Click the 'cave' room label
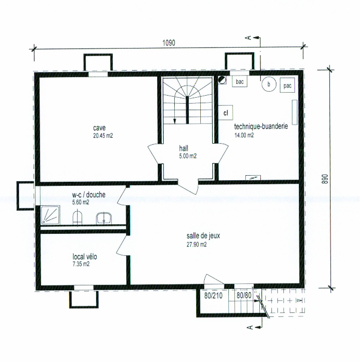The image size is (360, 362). (99, 128)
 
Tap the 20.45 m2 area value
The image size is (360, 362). (103, 136)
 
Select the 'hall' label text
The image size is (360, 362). (184, 148)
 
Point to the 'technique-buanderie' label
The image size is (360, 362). (261, 127)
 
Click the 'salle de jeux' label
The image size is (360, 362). (203, 236)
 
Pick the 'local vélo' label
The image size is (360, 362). (85, 256)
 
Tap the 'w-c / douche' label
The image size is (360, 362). (89, 195)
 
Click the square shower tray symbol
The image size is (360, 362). (51, 215)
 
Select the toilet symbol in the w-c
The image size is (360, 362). (78, 217)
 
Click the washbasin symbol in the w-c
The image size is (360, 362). (104, 218)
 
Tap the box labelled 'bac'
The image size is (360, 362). (240, 82)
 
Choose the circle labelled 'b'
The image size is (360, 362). (269, 84)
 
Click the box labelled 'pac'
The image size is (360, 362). (287, 86)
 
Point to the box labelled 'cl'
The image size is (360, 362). (225, 113)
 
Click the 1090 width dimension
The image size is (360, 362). (169, 43)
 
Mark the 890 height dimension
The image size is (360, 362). (325, 179)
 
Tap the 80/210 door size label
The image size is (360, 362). (213, 295)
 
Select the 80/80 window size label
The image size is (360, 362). (244, 295)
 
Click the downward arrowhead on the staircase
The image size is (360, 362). (175, 121)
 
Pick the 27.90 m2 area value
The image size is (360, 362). (196, 244)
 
